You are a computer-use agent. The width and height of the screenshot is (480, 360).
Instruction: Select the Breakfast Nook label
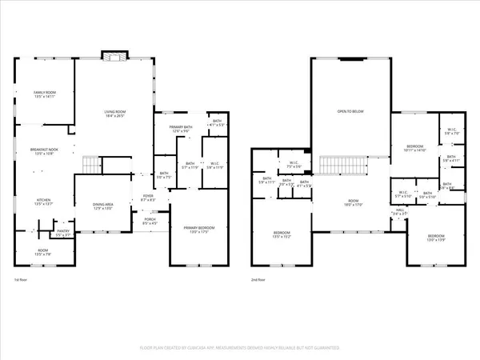tap(43, 152)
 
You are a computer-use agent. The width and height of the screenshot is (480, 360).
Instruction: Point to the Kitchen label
tap(43, 202)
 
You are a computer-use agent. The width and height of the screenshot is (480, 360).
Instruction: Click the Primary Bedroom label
tap(194, 230)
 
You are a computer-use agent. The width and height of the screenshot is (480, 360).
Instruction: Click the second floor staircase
tap(342, 166)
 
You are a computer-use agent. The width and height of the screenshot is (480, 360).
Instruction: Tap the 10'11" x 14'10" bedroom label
tap(414, 148)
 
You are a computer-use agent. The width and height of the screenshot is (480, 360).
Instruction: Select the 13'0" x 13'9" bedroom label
tap(435, 238)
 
